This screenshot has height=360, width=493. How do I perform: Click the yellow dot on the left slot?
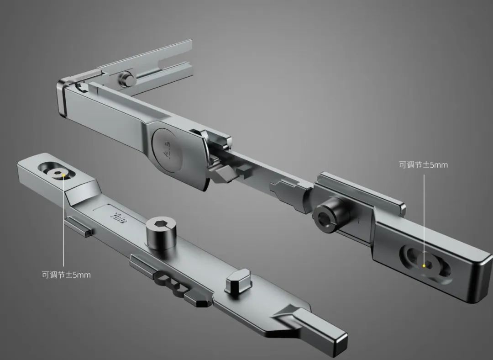click(63, 174)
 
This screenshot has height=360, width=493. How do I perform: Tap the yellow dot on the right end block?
click(424, 265)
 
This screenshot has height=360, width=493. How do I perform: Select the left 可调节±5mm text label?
click(66, 275)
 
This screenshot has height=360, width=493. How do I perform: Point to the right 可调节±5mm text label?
click(423, 164)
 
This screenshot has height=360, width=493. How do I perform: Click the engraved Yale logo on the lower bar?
click(118, 217)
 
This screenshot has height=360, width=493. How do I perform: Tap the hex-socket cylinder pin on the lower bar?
click(161, 233)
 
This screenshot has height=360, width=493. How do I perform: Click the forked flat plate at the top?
click(148, 68)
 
